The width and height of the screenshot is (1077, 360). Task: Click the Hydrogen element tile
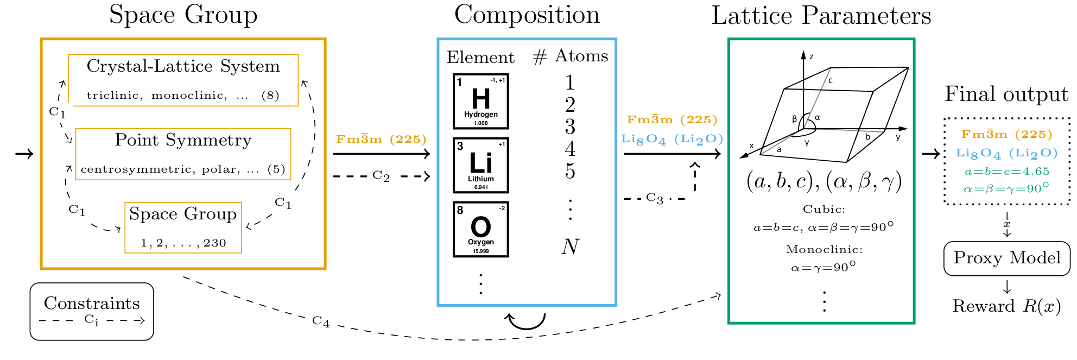pos(480,102)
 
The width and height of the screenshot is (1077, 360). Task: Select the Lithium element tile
pos(480,165)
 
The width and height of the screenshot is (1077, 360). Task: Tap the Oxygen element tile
pos(480,229)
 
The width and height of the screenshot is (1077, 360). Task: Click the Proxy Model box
pos(1006,258)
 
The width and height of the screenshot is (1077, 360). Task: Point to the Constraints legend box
pos(92,311)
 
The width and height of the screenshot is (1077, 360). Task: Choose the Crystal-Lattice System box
pos(183,80)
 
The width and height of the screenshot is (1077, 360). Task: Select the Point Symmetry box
pos(183,154)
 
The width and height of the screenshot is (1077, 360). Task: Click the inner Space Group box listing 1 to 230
pos(183,228)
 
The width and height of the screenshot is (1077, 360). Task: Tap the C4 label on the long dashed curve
pos(321,321)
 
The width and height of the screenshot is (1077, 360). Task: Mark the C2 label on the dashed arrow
pos(381,176)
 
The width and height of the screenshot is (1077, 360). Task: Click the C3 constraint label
pos(655,198)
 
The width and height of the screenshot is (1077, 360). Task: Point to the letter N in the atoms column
pos(570,247)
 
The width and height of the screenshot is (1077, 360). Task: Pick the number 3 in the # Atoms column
pos(570,127)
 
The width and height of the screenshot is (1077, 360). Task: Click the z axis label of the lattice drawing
pos(812,56)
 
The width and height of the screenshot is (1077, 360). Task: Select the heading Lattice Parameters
pos(821,16)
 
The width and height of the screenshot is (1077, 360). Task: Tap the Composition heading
pos(527,15)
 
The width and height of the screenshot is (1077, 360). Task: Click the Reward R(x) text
pos(1006,306)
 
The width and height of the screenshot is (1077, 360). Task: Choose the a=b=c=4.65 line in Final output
pos(1006,172)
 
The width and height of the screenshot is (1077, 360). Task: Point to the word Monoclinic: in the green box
pos(824,250)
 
